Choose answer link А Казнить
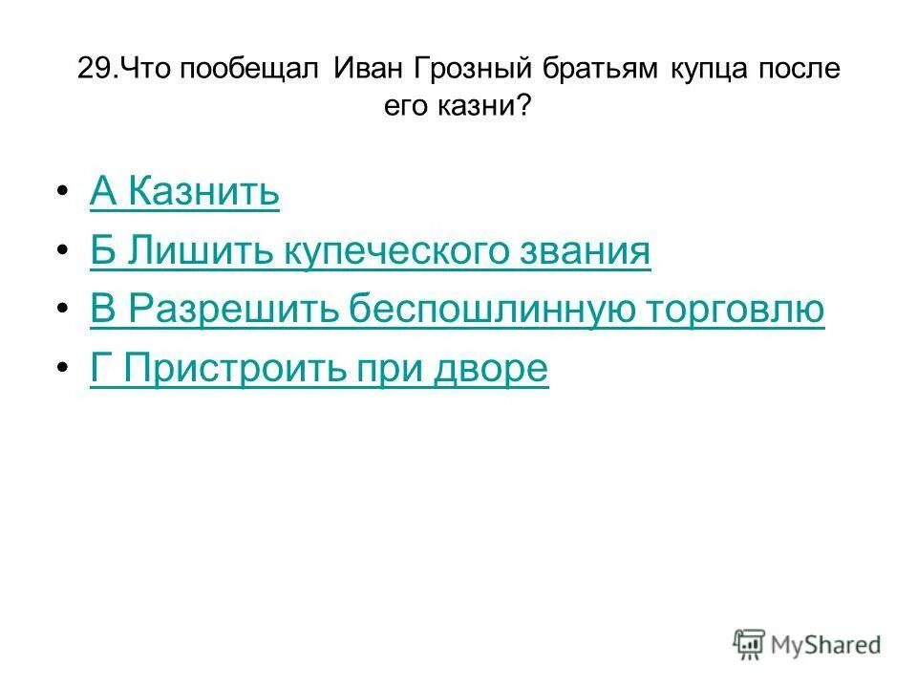pos(184,192)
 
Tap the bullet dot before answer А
pos(63,194)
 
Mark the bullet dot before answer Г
pos(63,371)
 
